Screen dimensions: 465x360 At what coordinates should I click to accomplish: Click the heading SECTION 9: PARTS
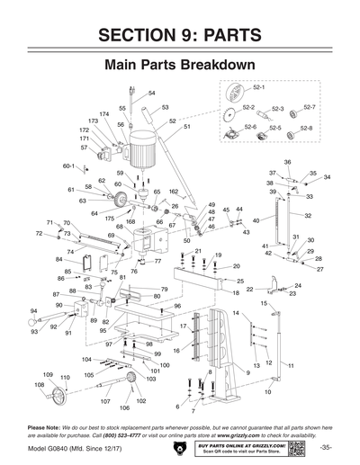pos(180,35)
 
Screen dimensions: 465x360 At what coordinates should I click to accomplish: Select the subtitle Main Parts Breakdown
pos(179,66)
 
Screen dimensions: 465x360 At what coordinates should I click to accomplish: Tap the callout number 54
pos(152,94)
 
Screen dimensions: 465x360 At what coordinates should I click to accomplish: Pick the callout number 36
pos(287,162)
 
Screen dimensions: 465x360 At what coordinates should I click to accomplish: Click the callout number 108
pos(40,384)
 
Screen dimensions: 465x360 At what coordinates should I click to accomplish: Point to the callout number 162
pos(174,192)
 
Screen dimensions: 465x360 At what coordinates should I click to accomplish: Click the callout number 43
pos(246,232)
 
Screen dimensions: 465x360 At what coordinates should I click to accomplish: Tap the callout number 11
pos(292,365)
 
